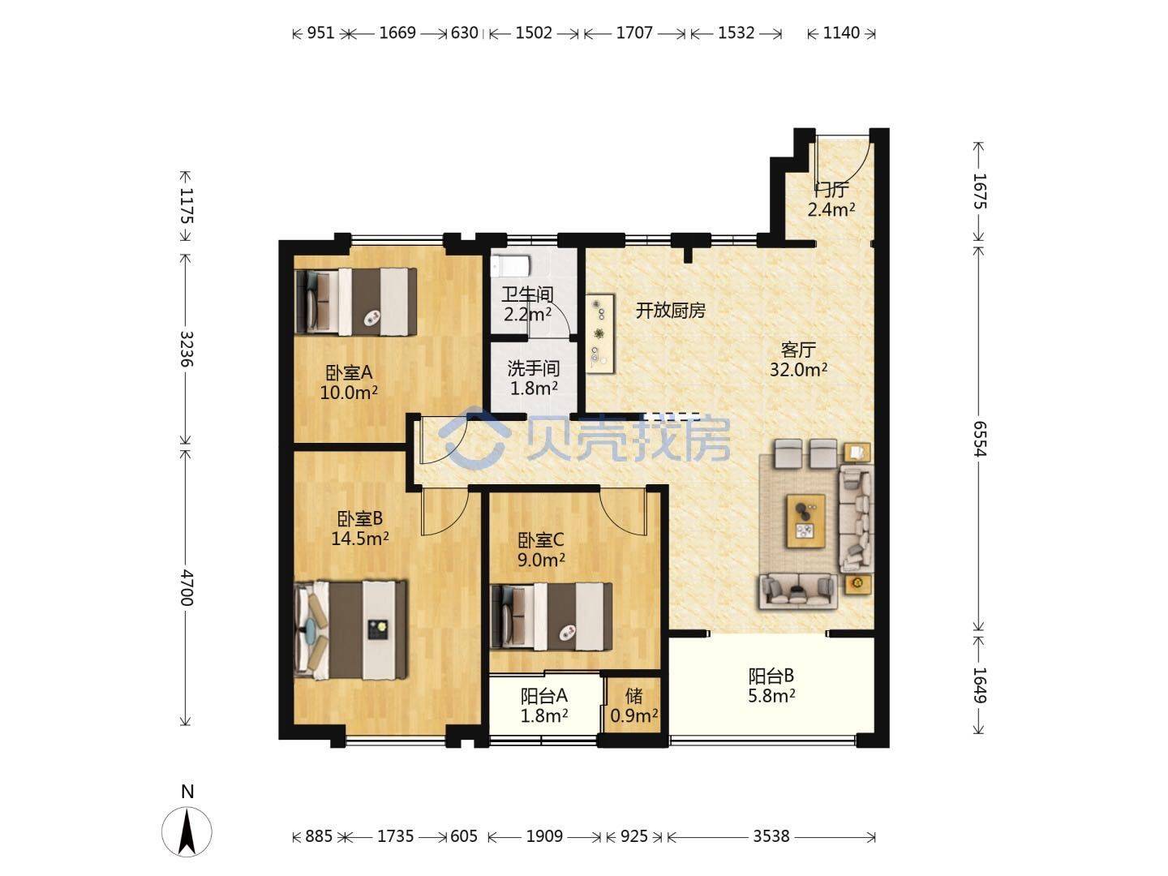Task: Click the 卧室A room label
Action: pos(349,372)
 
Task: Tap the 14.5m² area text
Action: pos(359,539)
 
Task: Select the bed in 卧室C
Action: pos(551,616)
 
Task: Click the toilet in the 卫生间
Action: pos(509,265)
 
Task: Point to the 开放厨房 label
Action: pos(671,310)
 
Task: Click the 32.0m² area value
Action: pos(798,369)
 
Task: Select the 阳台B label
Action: pos(771,676)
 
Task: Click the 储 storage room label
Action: pos(633,695)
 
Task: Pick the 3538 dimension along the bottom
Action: pos(771,836)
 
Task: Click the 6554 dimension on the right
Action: pos(979,439)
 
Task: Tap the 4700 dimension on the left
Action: pos(185,588)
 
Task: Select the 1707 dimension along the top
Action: pos(634,33)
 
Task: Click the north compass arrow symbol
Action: pos(187,831)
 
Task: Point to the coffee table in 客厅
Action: pos(806,521)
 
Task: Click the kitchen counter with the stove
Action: pos(600,334)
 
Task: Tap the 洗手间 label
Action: pos(533,368)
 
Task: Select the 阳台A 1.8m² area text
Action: pos(543,715)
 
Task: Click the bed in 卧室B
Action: pos(352,630)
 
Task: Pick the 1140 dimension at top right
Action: pos(841,33)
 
